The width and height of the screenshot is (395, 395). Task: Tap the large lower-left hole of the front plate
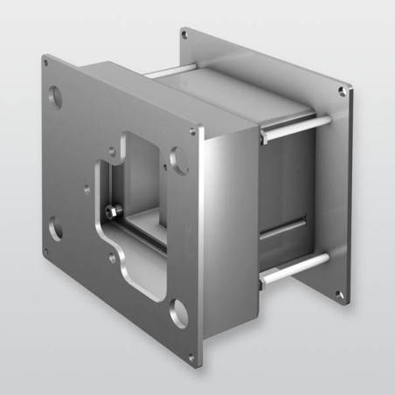point(55,230)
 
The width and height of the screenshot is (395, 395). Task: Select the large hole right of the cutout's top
point(179,159)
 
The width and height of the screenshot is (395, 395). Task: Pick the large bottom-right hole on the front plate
point(178,309)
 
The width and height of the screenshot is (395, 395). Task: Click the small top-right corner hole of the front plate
point(193,133)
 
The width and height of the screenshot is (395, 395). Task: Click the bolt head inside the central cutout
point(112,210)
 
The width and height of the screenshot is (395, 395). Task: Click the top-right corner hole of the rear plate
point(343,88)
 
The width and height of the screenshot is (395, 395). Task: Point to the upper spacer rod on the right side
point(295,128)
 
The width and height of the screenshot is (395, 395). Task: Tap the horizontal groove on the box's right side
point(284,229)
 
